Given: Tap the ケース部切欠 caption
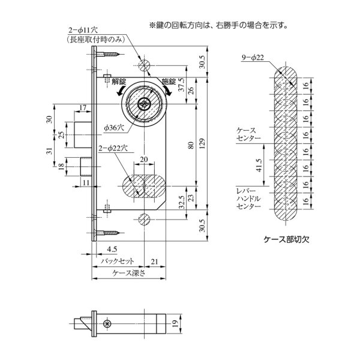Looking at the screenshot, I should pyautogui.click(x=286, y=238).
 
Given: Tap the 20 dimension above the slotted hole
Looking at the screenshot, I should pyautogui.click(x=143, y=158).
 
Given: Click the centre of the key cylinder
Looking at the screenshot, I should pyautogui.click(x=144, y=104).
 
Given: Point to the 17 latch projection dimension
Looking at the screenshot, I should pyautogui.click(x=82, y=107).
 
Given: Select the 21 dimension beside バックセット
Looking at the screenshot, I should pyautogui.click(x=155, y=262).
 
